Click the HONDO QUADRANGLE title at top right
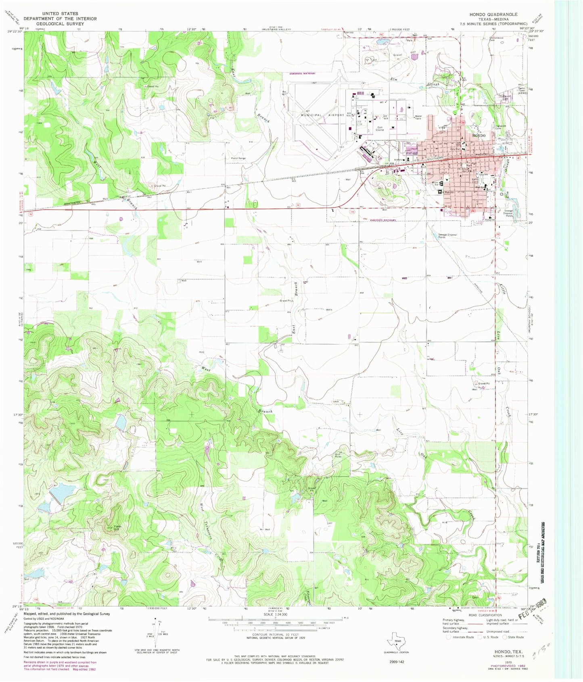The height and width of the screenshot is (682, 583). click(x=493, y=14)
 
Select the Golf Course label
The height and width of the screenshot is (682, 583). click(x=380, y=128)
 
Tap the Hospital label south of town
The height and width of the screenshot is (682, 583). click(x=490, y=220)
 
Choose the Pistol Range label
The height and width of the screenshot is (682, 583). click(x=238, y=158)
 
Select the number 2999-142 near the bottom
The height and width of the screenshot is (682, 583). click(x=396, y=662)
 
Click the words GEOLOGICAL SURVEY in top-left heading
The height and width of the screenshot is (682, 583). click(x=60, y=24)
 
